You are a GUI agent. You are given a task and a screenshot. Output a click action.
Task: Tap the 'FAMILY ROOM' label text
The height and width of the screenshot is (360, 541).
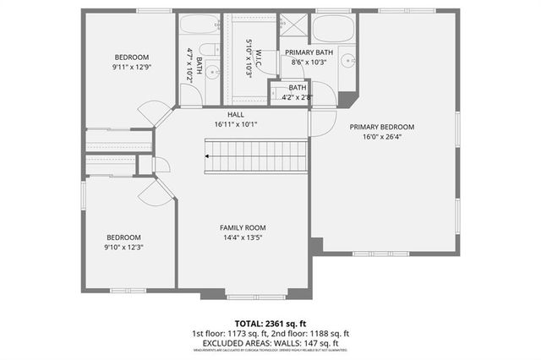coord(243,227)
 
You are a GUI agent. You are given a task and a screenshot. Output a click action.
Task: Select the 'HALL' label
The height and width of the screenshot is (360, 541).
coord(236,114)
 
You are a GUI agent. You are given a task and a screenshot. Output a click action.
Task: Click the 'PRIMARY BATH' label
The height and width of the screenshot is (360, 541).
coord(309,52)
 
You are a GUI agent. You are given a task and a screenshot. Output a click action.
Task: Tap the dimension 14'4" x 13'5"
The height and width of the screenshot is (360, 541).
coord(243,237)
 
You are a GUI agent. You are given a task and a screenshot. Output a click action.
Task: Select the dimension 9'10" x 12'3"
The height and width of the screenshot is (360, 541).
coord(123,247)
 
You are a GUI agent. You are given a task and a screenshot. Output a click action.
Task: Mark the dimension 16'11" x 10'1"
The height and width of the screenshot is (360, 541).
coord(236,124)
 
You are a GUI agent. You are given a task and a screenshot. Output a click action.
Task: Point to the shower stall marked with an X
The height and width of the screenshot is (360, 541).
coord(293,25)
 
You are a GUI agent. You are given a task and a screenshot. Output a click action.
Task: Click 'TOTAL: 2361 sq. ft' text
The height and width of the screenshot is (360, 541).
coord(270,324)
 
